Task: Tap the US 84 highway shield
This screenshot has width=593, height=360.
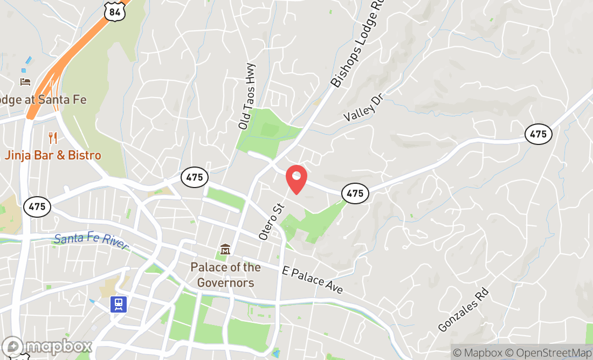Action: tap(116, 10)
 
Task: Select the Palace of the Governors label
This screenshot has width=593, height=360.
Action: tap(225, 274)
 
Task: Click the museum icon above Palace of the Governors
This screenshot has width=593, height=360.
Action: tap(225, 250)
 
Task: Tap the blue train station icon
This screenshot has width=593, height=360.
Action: tap(119, 304)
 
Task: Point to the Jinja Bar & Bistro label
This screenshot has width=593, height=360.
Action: tap(53, 155)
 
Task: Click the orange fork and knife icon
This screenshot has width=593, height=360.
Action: tap(52, 138)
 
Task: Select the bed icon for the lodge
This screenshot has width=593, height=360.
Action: tap(25, 81)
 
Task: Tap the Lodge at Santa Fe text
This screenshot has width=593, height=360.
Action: tap(43, 100)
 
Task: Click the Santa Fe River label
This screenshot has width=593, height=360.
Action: tap(91, 240)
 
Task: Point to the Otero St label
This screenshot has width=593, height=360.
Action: tap(271, 221)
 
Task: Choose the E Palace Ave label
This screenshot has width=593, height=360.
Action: tap(313, 280)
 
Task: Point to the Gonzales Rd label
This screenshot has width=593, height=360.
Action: tap(463, 310)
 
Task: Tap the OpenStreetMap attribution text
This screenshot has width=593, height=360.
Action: tap(553, 353)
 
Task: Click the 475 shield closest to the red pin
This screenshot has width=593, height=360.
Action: tap(355, 193)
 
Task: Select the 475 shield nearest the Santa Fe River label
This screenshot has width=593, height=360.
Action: tap(37, 206)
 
